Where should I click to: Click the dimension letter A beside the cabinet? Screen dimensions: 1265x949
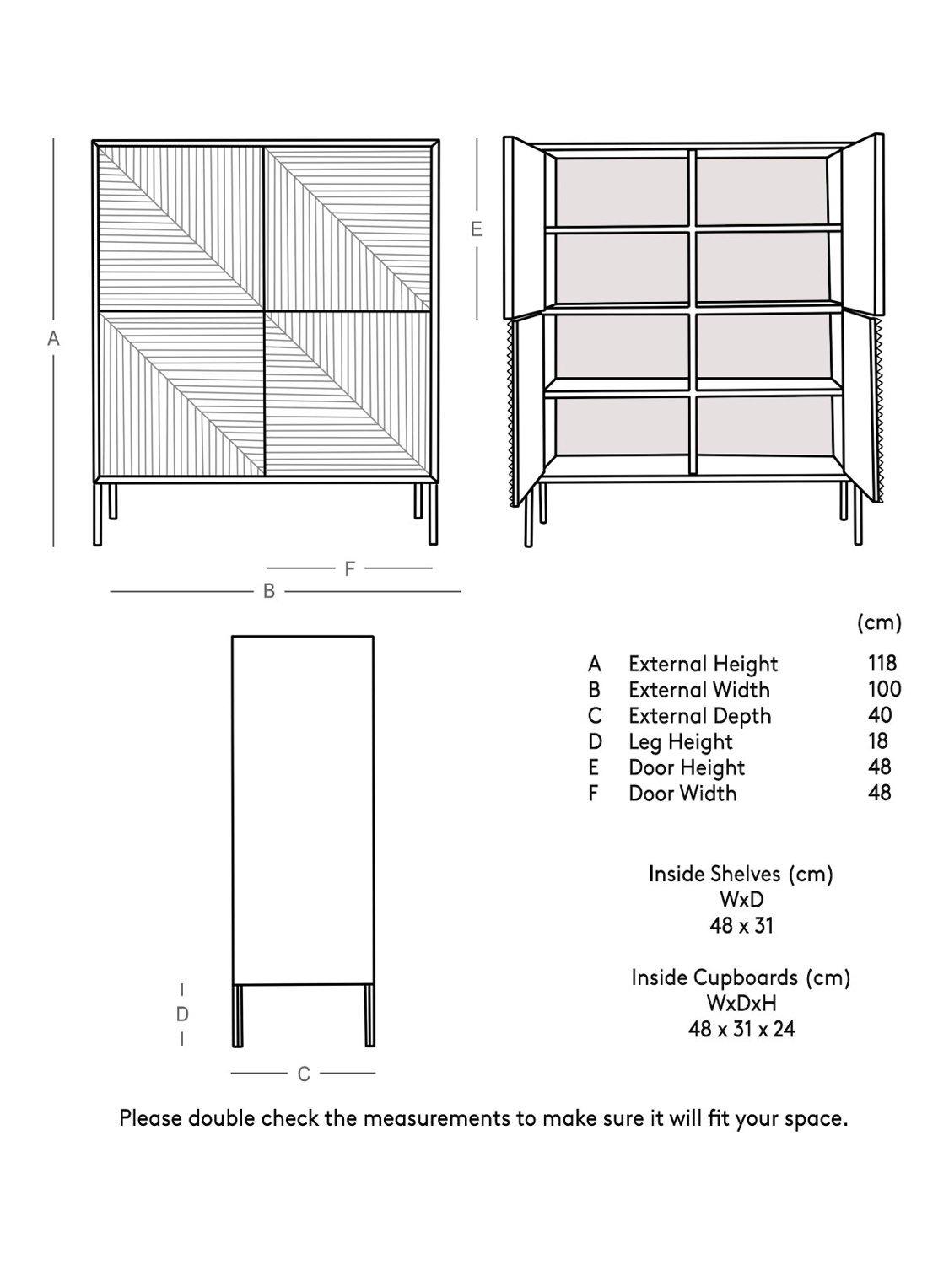click(x=53, y=339)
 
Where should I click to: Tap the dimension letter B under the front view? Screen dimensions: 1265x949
click(x=269, y=592)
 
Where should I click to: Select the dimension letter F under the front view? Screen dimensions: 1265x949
click(x=349, y=569)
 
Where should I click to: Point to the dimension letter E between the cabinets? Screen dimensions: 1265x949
click(x=477, y=229)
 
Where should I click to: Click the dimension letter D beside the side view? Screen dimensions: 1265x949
click(x=182, y=1015)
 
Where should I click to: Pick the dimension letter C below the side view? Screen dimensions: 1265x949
click(x=304, y=1074)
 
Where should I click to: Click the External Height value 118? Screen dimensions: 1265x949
click(x=882, y=663)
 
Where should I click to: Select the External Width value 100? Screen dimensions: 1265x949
click(x=884, y=689)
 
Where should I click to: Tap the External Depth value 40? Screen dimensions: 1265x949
click(x=880, y=715)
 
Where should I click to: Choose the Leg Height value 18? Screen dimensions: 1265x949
click(x=878, y=741)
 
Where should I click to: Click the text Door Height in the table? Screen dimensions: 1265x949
click(x=686, y=767)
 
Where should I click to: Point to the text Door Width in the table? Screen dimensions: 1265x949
click(x=682, y=794)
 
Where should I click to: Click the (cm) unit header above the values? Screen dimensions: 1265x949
click(x=879, y=623)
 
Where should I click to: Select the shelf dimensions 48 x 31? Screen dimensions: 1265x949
click(x=741, y=926)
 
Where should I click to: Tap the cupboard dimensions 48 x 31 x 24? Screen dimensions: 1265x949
click(x=741, y=1030)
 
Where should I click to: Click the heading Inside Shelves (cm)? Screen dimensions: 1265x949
click(x=741, y=874)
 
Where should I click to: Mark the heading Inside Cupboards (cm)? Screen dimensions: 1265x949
click(x=741, y=977)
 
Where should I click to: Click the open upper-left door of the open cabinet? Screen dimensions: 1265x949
click(x=522, y=228)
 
